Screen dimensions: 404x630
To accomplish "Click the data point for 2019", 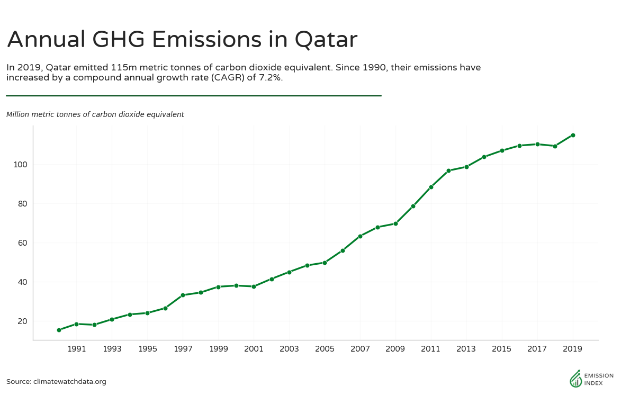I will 573,135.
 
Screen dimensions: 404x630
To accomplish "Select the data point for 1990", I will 59,330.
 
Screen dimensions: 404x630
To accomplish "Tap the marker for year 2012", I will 448,170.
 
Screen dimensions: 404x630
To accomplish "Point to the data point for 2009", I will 395,223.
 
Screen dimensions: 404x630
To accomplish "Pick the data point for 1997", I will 183,295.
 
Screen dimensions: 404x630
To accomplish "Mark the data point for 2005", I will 325,263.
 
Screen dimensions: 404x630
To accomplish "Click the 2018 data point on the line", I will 555,146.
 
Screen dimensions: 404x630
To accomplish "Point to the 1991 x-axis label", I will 77,349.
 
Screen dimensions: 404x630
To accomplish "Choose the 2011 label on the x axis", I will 431,349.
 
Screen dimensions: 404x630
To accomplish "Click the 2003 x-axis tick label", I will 289,349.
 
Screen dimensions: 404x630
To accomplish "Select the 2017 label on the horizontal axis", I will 537,349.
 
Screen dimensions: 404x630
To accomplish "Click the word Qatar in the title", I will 326,40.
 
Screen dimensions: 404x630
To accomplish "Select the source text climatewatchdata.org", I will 70,382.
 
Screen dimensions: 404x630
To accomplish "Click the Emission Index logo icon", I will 575,379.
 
